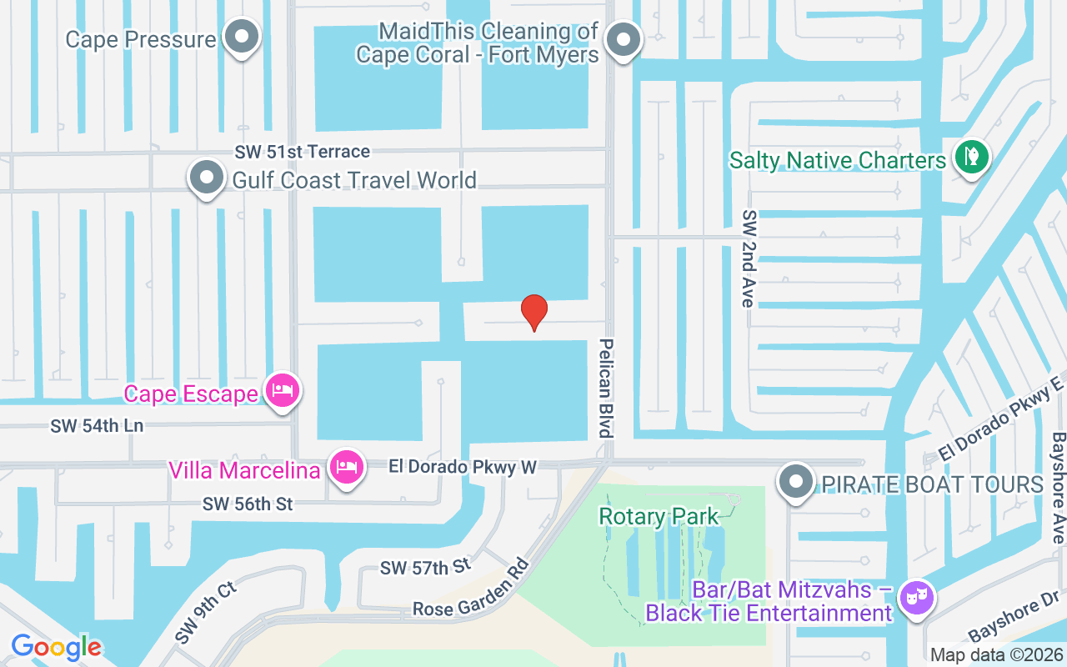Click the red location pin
[534, 311]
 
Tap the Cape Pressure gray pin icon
[243, 37]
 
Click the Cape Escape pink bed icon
[283, 389]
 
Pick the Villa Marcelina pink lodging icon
[346, 467]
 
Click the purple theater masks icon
[916, 598]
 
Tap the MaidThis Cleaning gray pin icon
[622, 39]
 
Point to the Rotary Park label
[659, 517]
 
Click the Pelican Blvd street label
[606, 388]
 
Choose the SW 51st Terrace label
[302, 152]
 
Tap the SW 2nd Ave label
[748, 258]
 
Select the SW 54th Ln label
[97, 426]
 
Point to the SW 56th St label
[248, 504]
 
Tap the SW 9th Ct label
[207, 613]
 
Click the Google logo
[56, 647]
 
